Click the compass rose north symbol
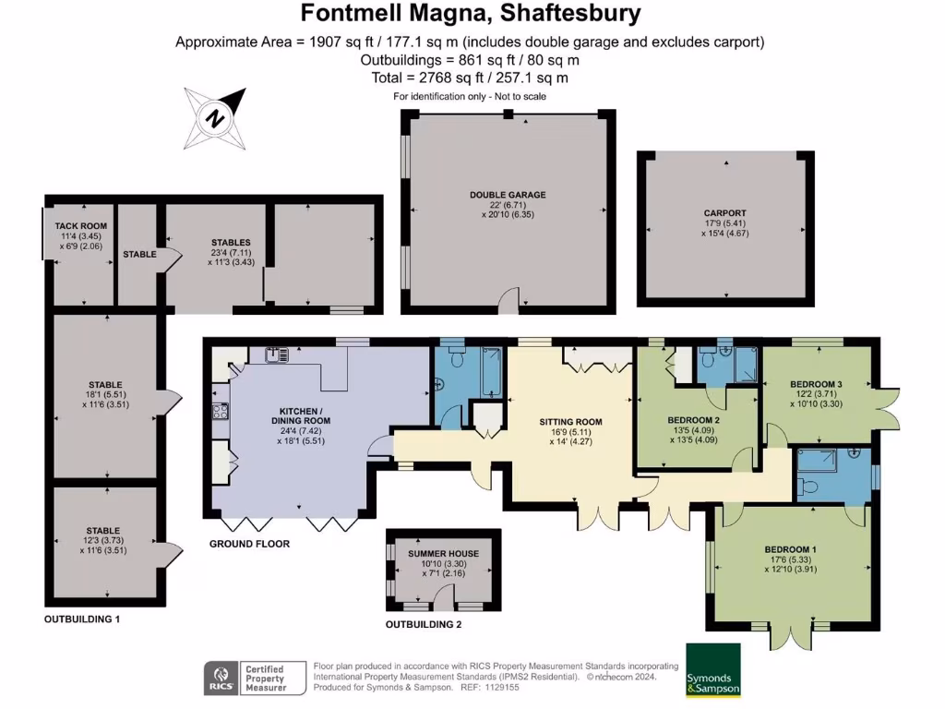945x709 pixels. pyautogui.click(x=215, y=118)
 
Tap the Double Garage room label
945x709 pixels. pyautogui.click(x=508, y=195)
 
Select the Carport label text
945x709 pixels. pyautogui.click(x=725, y=213)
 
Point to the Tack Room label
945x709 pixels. pyautogui.click(x=81, y=226)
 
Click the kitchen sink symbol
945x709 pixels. pyautogui.click(x=277, y=354)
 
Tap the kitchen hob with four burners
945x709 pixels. pyautogui.click(x=220, y=411)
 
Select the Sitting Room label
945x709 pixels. pyautogui.click(x=570, y=422)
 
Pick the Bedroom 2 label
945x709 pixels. pyautogui.click(x=694, y=420)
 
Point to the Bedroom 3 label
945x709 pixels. pyautogui.click(x=816, y=384)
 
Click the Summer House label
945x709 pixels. pyautogui.click(x=444, y=554)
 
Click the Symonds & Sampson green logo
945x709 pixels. pyautogui.click(x=713, y=670)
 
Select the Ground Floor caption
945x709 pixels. pyautogui.click(x=249, y=544)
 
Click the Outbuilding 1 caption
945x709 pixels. pyautogui.click(x=82, y=619)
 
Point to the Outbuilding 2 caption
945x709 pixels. pyautogui.click(x=424, y=625)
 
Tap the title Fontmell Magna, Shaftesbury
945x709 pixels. pyautogui.click(x=471, y=13)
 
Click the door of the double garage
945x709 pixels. pyautogui.click(x=509, y=300)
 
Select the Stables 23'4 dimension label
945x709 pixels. pyautogui.click(x=231, y=252)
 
